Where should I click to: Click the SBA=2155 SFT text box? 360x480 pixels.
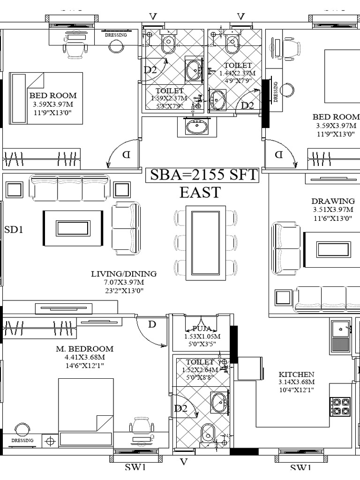pyautogui.click(x=203, y=175)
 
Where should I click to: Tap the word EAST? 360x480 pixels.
pyautogui.click(x=200, y=192)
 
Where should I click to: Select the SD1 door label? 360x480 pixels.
pyautogui.click(x=14, y=230)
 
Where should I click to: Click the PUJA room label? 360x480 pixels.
pyautogui.click(x=202, y=329)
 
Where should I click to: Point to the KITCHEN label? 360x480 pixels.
pyautogui.click(x=296, y=374)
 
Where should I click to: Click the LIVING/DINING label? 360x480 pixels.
pyautogui.click(x=124, y=274)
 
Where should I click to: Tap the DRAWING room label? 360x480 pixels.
pyautogui.click(x=333, y=202)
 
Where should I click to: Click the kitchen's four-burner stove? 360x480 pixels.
pyautogui.click(x=340, y=406)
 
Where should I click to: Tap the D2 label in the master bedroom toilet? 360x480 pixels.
pyautogui.click(x=181, y=409)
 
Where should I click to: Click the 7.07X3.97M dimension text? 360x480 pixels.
pyautogui.click(x=124, y=282)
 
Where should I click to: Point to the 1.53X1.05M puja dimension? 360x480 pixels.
pyautogui.click(x=202, y=337)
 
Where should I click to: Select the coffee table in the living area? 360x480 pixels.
pyautogui.click(x=73, y=228)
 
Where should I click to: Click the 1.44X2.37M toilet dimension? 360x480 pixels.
pyautogui.click(x=237, y=73)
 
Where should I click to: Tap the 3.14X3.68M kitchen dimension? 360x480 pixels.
pyautogui.click(x=296, y=382)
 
